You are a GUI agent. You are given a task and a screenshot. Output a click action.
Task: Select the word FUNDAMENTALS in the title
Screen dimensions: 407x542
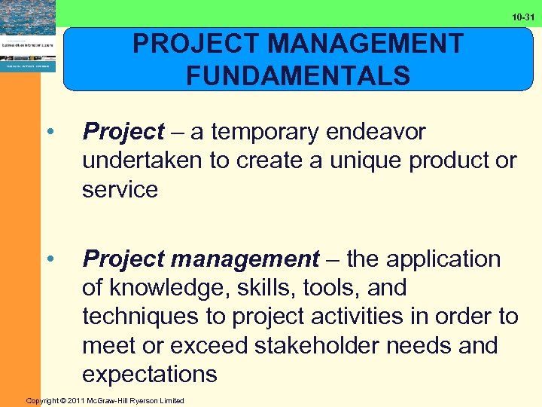point(298,76)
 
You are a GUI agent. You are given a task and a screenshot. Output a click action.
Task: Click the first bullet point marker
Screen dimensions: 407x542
point(50,132)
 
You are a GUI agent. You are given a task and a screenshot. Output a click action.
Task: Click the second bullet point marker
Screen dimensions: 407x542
point(50,259)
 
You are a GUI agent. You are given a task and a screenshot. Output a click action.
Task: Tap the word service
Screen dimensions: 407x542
point(120,189)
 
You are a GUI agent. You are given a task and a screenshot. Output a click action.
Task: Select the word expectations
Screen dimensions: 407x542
point(150,375)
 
